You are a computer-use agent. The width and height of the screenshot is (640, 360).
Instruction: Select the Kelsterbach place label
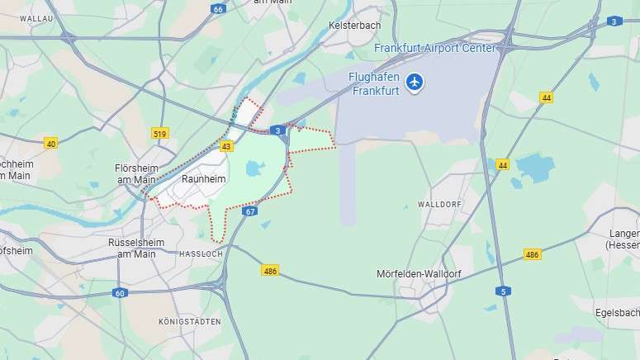[x=354, y=26]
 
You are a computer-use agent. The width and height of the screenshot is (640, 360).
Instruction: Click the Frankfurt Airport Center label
[x=435, y=48]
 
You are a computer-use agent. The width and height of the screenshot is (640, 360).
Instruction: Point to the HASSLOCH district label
[x=201, y=254]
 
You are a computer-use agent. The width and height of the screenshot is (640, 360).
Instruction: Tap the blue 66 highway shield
[x=218, y=9]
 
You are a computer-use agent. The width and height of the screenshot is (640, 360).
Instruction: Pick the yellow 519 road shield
[x=160, y=133]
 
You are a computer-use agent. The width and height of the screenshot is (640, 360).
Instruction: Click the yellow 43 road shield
[x=226, y=146]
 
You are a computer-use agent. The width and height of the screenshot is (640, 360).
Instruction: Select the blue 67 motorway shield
[x=250, y=211]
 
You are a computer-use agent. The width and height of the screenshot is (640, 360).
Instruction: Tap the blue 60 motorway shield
[x=121, y=293]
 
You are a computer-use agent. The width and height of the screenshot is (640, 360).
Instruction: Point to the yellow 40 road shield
[x=51, y=144]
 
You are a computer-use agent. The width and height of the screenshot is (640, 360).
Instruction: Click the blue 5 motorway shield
[x=502, y=291]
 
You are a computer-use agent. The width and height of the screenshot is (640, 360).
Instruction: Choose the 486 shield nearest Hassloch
[x=270, y=270]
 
